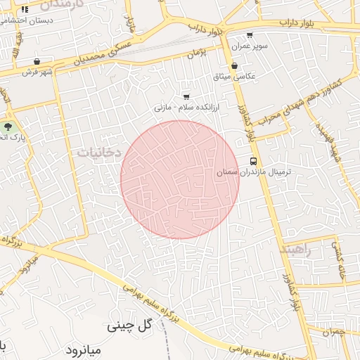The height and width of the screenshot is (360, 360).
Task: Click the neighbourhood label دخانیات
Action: click(x=98, y=151)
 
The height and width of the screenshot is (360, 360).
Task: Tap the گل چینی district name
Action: click(x=130, y=325)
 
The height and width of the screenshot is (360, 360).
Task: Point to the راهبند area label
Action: click(x=292, y=250)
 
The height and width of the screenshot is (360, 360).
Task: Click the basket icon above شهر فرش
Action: click(x=36, y=62)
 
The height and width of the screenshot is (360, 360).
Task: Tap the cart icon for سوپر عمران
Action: click(x=250, y=34)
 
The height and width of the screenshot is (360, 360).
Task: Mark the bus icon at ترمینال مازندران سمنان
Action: click(x=253, y=161)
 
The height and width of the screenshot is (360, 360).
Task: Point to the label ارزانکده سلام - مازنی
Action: click(x=186, y=108)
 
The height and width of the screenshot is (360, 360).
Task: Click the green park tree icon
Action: click(x=8, y=127)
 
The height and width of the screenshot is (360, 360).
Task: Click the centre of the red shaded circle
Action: click(x=180, y=180)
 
